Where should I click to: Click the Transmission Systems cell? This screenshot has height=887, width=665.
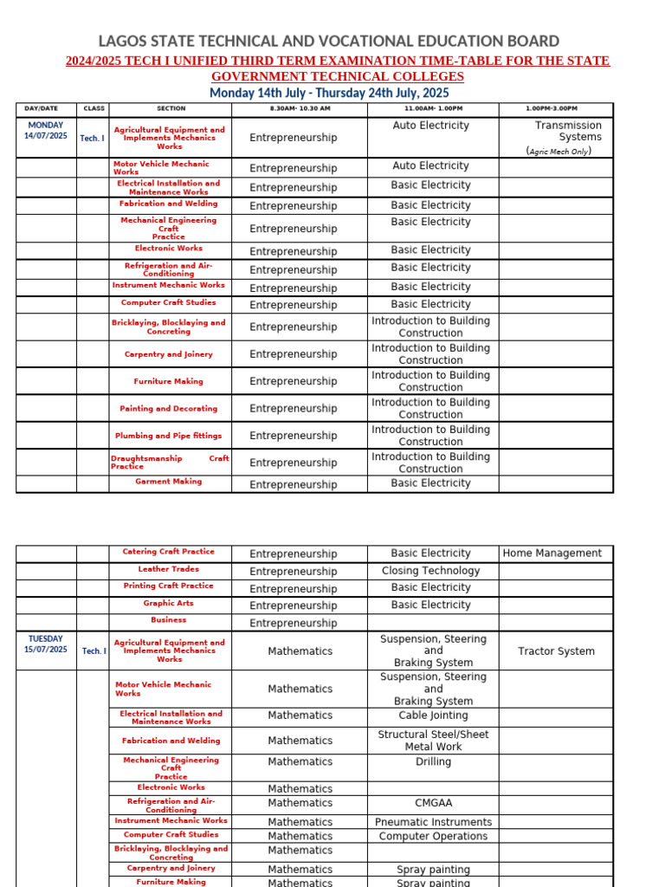coord(567,131)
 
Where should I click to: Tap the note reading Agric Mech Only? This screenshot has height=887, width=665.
coord(558,151)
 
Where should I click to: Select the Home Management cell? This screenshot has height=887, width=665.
coord(552,553)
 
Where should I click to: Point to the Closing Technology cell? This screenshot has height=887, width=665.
coord(430,571)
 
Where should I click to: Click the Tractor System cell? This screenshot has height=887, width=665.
coord(556,651)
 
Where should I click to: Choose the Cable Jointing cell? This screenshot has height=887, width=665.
coord(433,715)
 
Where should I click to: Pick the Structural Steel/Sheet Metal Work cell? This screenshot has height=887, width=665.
coord(433,740)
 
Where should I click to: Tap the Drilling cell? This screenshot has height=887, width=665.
coord(433,762)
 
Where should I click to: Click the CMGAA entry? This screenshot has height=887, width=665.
coord(433,803)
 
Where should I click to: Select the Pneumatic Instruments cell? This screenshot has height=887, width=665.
coord(433,822)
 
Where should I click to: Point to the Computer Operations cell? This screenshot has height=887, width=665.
coord(433,836)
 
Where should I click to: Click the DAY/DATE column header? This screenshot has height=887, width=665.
coord(42,108)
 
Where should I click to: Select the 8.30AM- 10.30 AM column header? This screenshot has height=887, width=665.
coord(300,108)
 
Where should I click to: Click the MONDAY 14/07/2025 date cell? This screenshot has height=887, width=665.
coord(45,131)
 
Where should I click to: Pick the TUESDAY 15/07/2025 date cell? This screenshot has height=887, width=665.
coord(45,644)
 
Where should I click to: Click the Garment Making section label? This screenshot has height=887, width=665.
coord(168,482)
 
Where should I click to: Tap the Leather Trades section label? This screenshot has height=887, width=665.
coord(168,569)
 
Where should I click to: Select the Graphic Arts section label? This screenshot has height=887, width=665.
coord(168,603)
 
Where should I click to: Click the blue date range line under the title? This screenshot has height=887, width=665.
coord(328,93)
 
